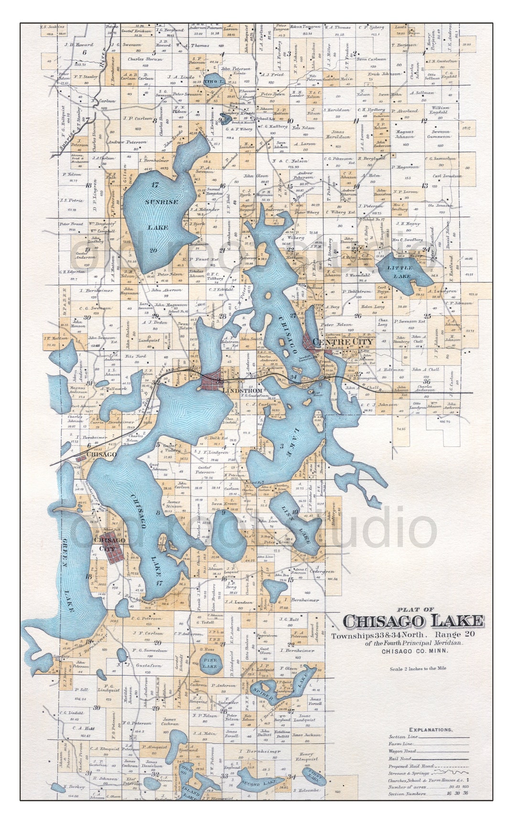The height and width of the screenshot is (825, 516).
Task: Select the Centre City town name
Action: (x=343, y=342)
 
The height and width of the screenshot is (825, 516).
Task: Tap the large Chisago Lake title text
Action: (x=413, y=621)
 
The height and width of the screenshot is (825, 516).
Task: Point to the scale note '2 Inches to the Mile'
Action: (x=418, y=668)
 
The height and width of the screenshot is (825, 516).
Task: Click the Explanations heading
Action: (x=430, y=730)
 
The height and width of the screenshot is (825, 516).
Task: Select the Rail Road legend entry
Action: (x=400, y=758)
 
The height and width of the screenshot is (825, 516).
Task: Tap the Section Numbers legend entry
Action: (x=407, y=794)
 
